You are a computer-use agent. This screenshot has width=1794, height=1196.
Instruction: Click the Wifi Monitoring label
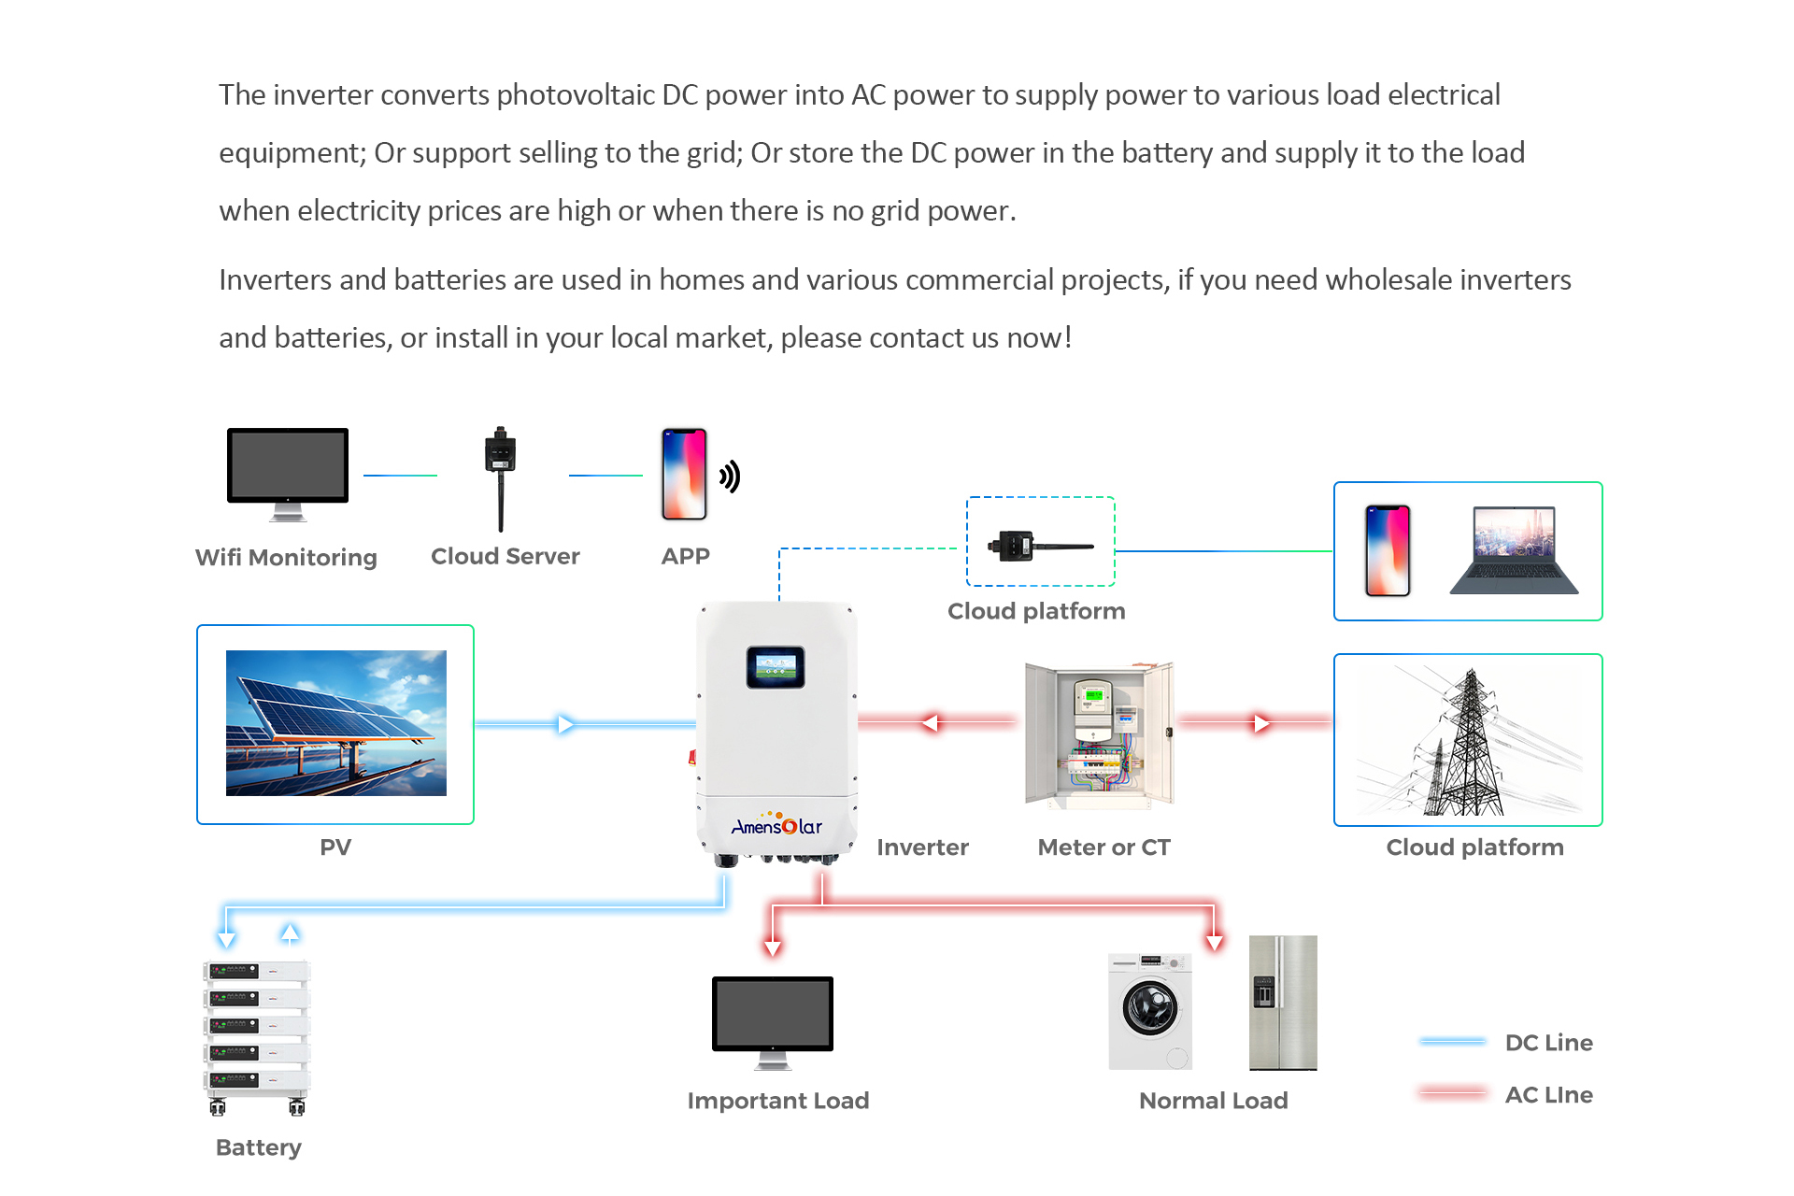click(286, 558)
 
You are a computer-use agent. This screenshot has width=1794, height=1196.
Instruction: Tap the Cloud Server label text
click(505, 557)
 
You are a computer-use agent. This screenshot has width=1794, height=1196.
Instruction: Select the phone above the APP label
click(684, 475)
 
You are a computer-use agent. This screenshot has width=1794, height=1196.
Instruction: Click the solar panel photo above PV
click(335, 723)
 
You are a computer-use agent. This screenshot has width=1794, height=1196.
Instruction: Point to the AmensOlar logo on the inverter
click(776, 826)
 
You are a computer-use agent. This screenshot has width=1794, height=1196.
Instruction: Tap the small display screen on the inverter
click(775, 667)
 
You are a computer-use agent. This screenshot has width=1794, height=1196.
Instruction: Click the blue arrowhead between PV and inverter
click(565, 724)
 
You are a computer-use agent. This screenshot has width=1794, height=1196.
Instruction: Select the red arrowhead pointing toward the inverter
click(930, 722)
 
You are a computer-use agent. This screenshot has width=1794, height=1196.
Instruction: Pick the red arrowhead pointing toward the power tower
click(1261, 723)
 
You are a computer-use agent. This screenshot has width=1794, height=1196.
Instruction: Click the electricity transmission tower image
click(1467, 741)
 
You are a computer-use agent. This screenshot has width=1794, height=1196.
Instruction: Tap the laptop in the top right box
click(1514, 550)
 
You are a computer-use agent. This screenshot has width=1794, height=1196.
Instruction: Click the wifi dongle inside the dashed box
click(1038, 545)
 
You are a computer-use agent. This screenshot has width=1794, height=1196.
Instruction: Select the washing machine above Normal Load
click(1150, 1011)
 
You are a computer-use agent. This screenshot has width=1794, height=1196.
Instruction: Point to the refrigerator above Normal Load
click(1283, 1003)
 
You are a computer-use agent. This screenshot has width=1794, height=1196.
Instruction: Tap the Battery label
click(258, 1147)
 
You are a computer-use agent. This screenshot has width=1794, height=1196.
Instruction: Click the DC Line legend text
click(1548, 1043)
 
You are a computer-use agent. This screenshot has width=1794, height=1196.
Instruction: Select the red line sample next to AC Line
click(1452, 1093)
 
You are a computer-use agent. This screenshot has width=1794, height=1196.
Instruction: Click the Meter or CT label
click(1103, 847)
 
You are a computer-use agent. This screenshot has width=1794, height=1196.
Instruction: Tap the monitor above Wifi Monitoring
click(288, 466)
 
